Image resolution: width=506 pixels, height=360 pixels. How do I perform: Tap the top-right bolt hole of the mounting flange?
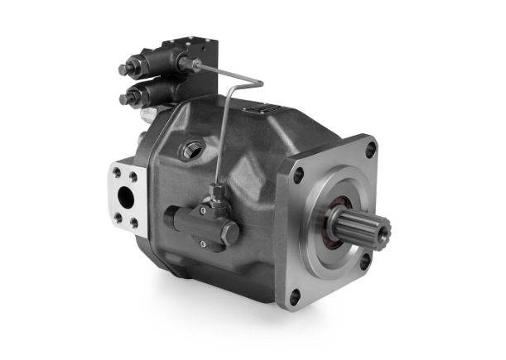coord(370,149)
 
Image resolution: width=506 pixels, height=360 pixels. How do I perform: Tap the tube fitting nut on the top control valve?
coord(190,62)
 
